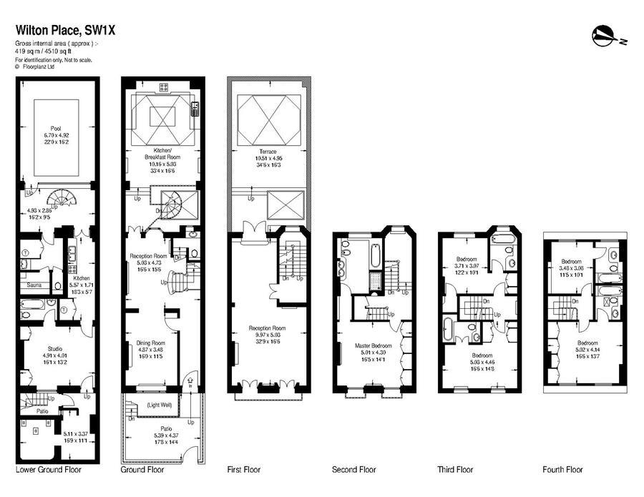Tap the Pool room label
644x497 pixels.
[56, 128]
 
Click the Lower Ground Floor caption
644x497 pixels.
[49, 470]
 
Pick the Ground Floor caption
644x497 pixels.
[142, 470]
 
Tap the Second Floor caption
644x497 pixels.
[353, 470]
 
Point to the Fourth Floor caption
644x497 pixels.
[563, 470]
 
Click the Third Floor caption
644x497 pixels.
[456, 470]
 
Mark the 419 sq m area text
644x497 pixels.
[36, 52]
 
